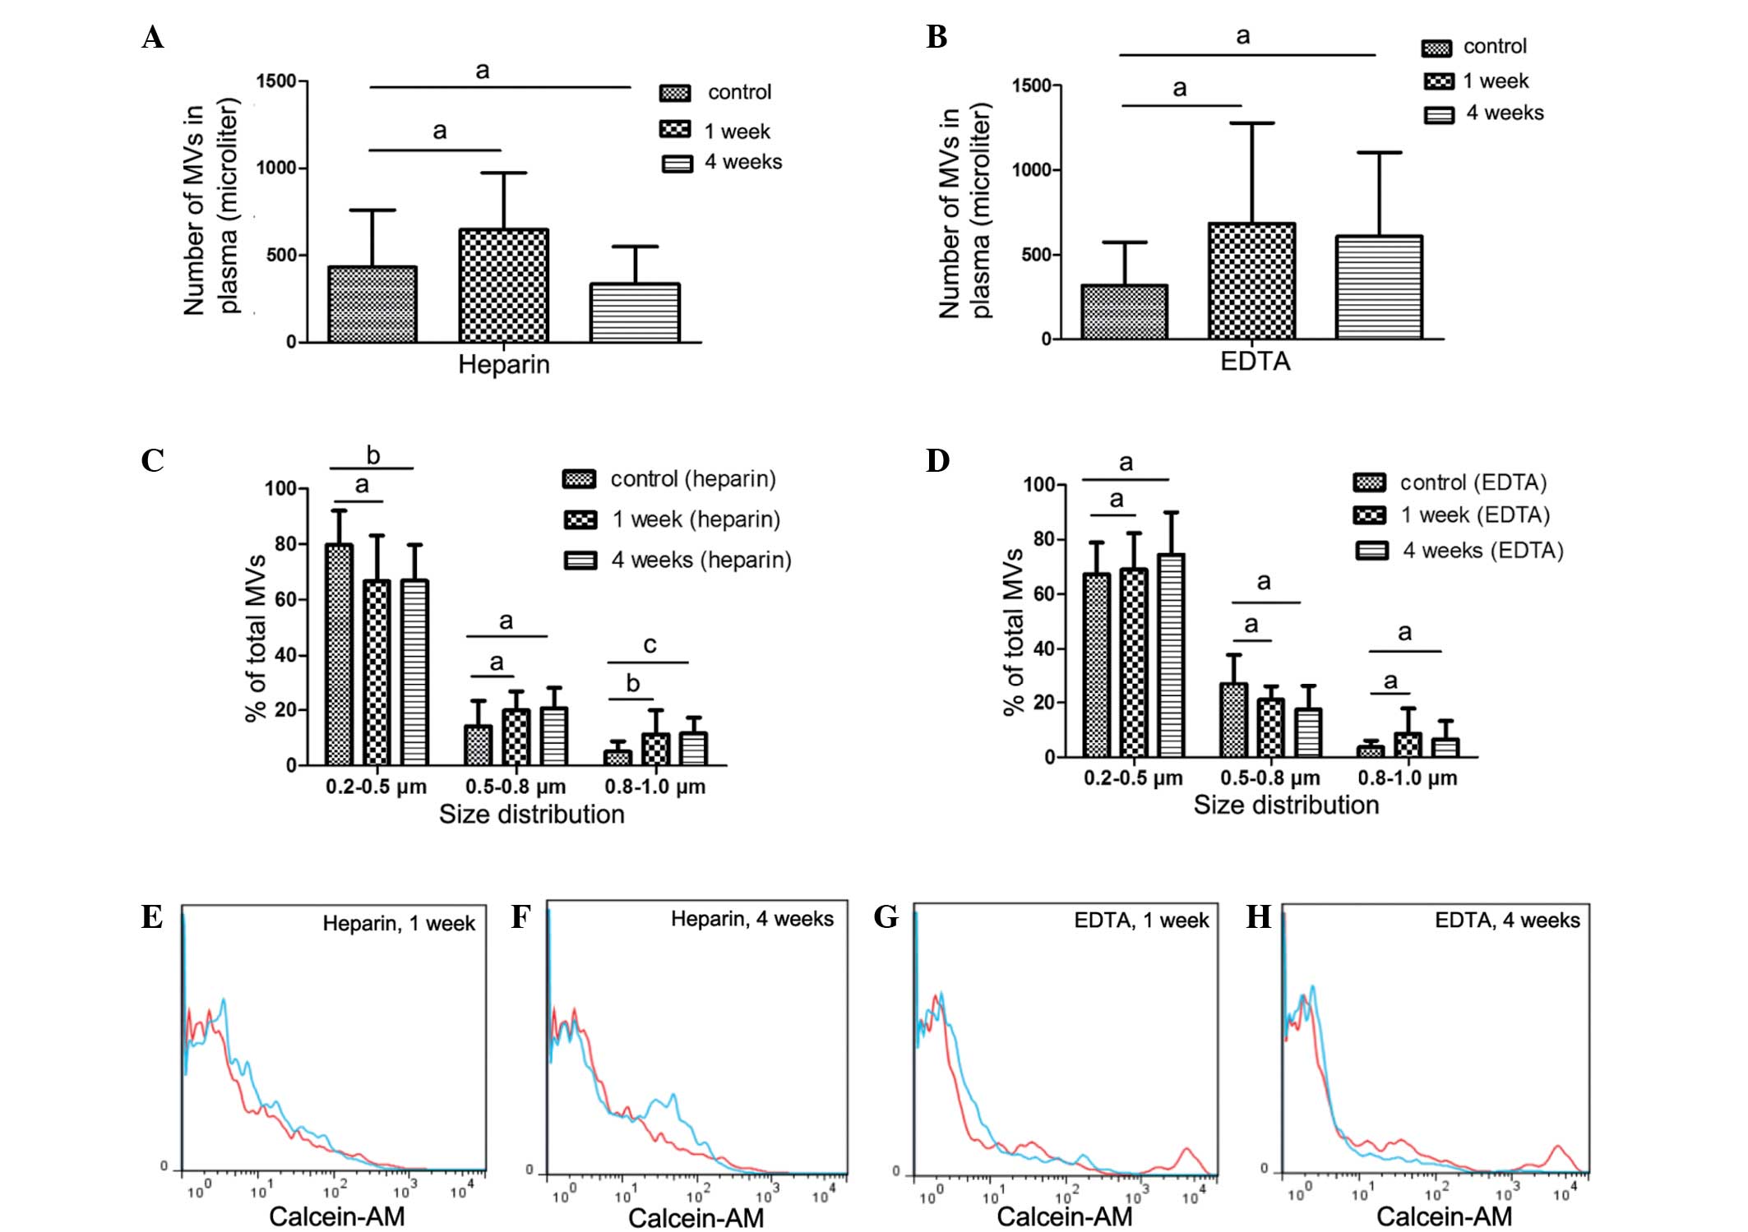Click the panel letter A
153,38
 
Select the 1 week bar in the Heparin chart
503,285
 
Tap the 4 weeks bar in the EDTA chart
1379,288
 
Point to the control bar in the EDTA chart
1124,312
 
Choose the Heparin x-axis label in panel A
503,364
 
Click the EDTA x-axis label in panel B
1255,362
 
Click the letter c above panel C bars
650,644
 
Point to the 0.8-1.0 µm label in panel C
654,787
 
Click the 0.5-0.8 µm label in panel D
1269,777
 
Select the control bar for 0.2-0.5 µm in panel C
339,654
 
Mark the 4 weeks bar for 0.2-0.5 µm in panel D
1171,655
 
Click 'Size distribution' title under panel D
1286,805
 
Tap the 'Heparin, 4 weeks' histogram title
751,919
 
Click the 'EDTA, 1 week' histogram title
1141,921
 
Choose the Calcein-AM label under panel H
1444,1216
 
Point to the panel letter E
152,917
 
